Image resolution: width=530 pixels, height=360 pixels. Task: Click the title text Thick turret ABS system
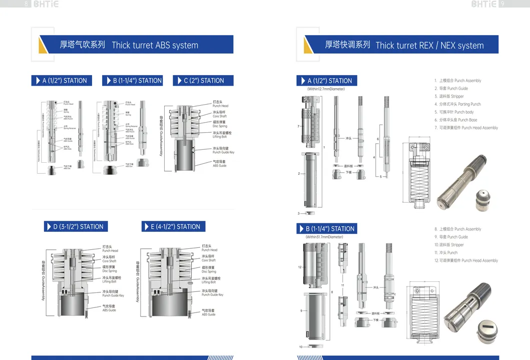coord(155,45)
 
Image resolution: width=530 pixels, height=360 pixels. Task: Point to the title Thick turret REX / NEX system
coord(429,46)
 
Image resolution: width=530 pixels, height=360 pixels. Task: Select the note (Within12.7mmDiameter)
coord(326,89)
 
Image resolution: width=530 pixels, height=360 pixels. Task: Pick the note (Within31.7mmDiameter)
coord(324,237)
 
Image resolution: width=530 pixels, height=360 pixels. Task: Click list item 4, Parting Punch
coord(457,104)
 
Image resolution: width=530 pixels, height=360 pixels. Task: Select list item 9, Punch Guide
coord(451,237)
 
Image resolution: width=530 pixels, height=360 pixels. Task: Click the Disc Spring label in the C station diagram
coord(219,124)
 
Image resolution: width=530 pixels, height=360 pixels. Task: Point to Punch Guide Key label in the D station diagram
coord(113,293)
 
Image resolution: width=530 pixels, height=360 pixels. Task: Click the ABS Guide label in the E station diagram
coord(208,312)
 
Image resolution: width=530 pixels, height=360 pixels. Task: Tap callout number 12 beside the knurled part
coord(300,267)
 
